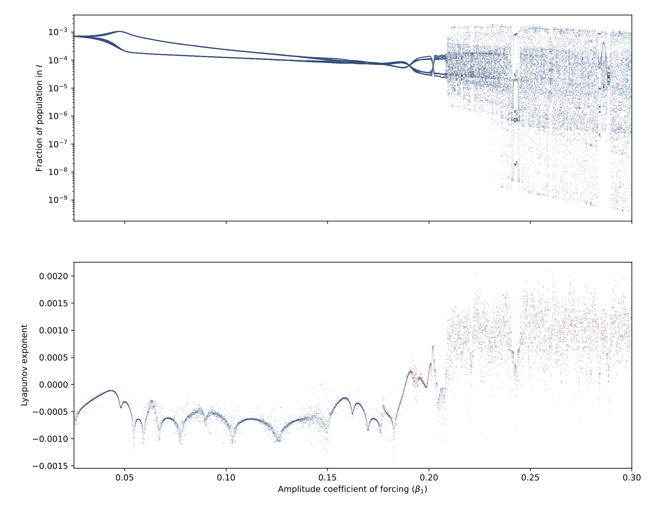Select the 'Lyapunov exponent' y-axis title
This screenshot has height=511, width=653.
(x=24, y=365)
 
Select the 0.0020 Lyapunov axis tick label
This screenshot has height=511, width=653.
(x=53, y=276)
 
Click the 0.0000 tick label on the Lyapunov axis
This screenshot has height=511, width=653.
(x=53, y=385)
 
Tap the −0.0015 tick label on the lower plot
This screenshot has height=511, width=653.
(x=50, y=466)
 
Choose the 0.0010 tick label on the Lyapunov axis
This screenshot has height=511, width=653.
(x=53, y=330)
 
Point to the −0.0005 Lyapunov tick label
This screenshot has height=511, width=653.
(x=50, y=411)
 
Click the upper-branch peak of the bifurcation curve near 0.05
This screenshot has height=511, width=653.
(x=119, y=31)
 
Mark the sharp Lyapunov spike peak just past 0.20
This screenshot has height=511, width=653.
(x=433, y=347)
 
